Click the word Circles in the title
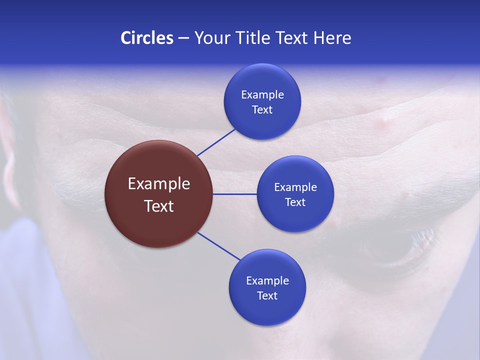146,38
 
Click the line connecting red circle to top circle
216,142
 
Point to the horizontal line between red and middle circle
234,194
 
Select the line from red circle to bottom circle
219,246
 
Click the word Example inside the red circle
159,184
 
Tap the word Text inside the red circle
159,206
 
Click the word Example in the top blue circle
262,95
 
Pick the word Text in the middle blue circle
295,202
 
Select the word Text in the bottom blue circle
267,295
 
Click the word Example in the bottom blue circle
267,280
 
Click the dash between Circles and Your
183,38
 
